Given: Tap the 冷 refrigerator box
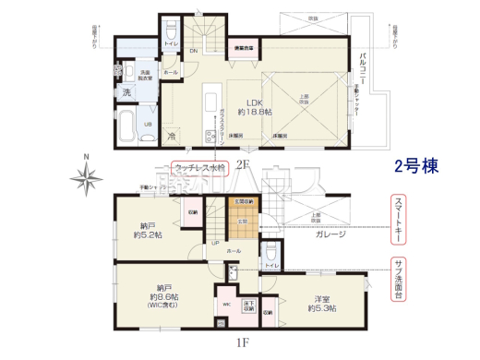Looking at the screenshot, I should (x=172, y=136).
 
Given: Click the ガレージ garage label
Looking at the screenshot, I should (x=330, y=234).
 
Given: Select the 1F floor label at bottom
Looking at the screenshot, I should (x=242, y=347).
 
